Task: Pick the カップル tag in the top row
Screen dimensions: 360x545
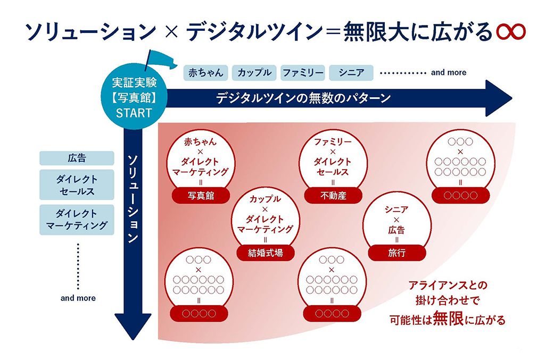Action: [254, 72]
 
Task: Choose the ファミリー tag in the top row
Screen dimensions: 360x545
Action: [302, 72]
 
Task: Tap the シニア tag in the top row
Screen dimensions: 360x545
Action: [351, 72]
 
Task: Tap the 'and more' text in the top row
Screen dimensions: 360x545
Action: [448, 72]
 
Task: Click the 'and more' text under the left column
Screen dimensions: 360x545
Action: [78, 298]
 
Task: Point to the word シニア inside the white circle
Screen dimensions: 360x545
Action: [397, 210]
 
